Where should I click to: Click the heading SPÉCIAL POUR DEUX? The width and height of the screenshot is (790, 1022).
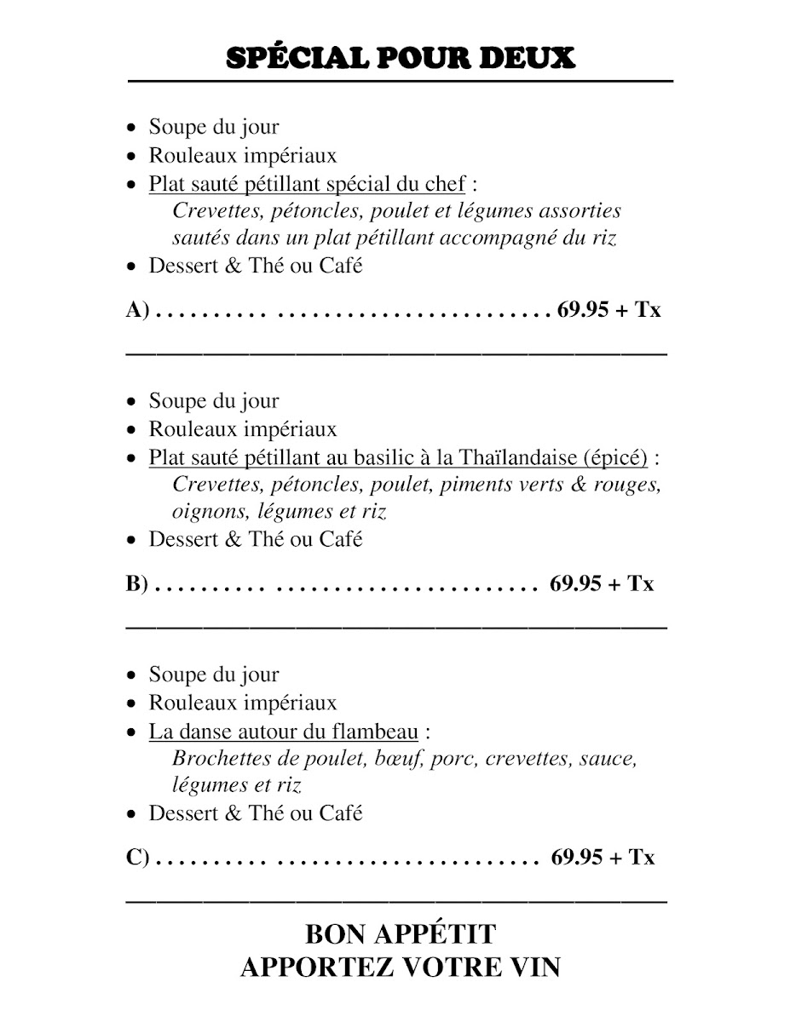(x=400, y=58)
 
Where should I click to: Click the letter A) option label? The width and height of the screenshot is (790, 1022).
(x=138, y=310)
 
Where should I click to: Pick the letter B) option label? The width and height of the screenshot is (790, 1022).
(x=138, y=584)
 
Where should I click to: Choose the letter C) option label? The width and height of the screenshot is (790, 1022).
(x=138, y=858)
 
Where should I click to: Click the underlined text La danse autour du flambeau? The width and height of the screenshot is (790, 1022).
(x=284, y=732)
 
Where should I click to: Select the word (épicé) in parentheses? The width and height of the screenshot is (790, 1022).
(x=615, y=457)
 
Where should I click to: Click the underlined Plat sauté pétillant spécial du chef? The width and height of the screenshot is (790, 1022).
(x=307, y=184)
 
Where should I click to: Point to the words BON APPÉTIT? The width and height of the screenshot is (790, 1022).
(x=400, y=934)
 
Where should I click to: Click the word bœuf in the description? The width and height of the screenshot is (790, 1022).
(x=401, y=758)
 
